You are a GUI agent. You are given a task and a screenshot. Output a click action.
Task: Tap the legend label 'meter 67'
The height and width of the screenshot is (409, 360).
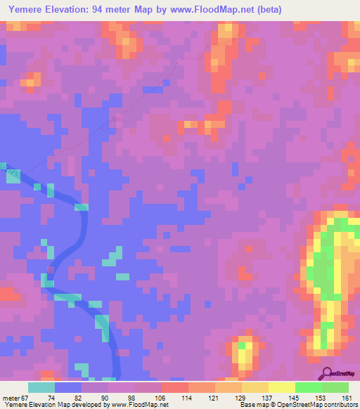click(x=15, y=398)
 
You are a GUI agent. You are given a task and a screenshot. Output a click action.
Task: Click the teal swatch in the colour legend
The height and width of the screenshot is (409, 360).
click(x=41, y=387)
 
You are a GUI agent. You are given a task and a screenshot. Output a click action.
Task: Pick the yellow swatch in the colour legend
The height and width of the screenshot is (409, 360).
click(x=281, y=387)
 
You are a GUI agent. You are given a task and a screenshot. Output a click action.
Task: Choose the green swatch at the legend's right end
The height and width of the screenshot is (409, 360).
click(x=335, y=387)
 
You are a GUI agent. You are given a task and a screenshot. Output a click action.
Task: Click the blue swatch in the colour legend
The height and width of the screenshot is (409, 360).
click(x=67, y=387)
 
